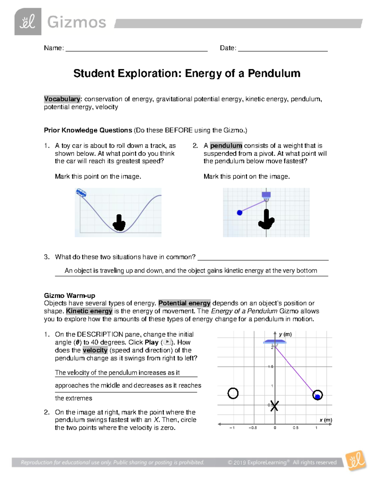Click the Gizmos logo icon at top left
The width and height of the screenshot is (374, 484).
(x=28, y=22)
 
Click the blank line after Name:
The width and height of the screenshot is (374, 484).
(x=136, y=48)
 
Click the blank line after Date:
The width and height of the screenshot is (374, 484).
(x=282, y=48)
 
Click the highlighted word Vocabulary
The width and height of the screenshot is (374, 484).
(x=62, y=99)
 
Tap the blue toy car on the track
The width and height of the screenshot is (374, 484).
(x=81, y=193)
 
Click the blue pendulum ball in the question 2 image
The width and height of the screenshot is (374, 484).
(x=239, y=213)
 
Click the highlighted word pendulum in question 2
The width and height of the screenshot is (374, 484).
(x=226, y=146)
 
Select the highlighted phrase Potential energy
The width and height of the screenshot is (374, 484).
(x=184, y=303)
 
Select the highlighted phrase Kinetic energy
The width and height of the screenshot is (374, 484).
(x=89, y=311)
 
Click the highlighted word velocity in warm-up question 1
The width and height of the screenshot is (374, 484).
(x=95, y=350)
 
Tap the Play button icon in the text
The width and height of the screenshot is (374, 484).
(x=167, y=342)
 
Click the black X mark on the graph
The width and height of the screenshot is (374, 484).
(x=274, y=406)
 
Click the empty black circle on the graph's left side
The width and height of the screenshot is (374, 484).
(x=233, y=393)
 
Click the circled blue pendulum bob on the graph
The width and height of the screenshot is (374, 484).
(x=318, y=395)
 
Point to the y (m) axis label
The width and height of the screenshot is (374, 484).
(x=285, y=334)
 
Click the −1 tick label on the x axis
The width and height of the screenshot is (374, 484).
(x=232, y=428)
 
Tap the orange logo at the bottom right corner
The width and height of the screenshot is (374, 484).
(x=356, y=461)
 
